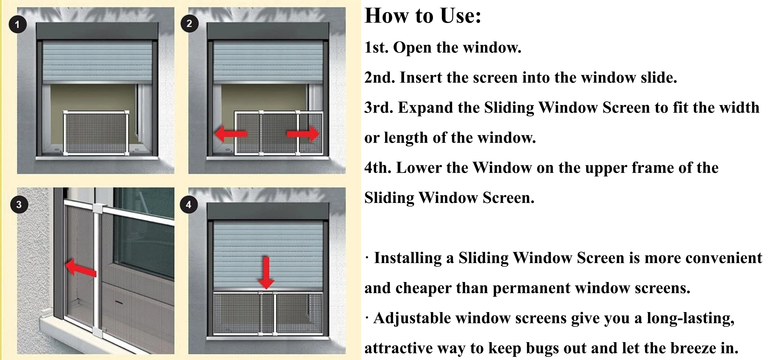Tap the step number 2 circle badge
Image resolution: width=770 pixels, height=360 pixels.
pyautogui.click(x=189, y=23)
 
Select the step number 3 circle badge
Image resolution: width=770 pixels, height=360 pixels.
pyautogui.click(x=19, y=205)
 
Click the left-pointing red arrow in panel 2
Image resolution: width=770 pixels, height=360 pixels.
pyautogui.click(x=231, y=134)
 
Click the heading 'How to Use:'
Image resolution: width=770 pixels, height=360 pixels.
pyautogui.click(x=423, y=16)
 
